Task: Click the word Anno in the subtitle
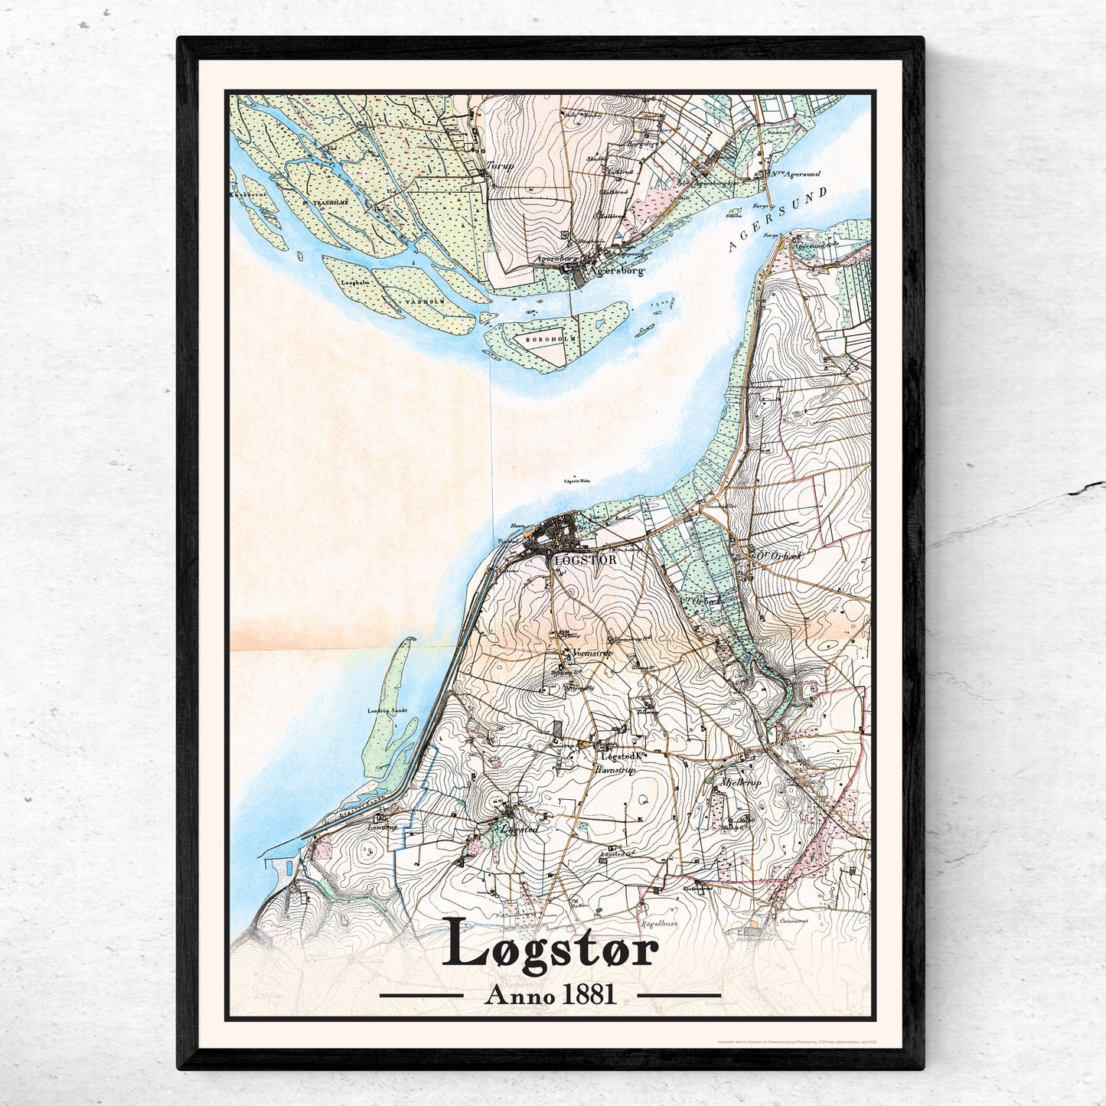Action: [519, 994]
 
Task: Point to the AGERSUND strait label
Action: [776, 220]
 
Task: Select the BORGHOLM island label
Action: [554, 338]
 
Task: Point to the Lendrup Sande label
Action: [387, 710]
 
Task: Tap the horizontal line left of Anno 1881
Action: [422, 995]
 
